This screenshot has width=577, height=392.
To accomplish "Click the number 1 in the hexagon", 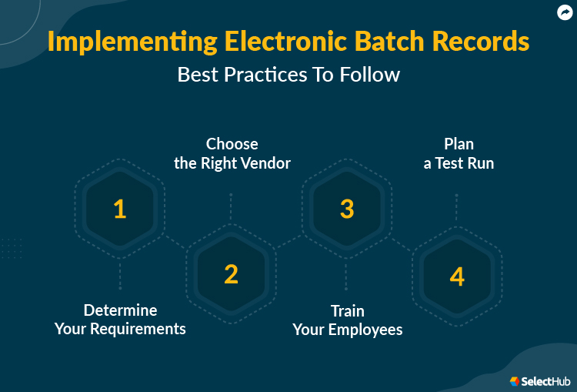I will [x=119, y=209].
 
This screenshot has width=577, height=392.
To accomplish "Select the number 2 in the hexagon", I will [x=231, y=274].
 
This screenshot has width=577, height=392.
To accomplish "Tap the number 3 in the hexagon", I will [x=347, y=209].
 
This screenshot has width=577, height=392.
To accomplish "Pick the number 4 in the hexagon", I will [x=457, y=276].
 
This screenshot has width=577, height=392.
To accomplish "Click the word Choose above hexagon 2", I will [x=232, y=144].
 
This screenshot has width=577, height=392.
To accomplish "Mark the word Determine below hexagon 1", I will [x=120, y=310].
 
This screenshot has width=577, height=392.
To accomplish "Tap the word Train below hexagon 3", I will [x=348, y=310].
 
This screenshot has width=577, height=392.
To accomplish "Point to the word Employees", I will [x=365, y=330].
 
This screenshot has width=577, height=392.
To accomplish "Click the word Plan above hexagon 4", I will [x=459, y=144].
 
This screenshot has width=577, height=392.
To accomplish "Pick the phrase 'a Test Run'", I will [x=459, y=163].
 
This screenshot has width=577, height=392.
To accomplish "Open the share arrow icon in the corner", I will [x=565, y=12].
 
